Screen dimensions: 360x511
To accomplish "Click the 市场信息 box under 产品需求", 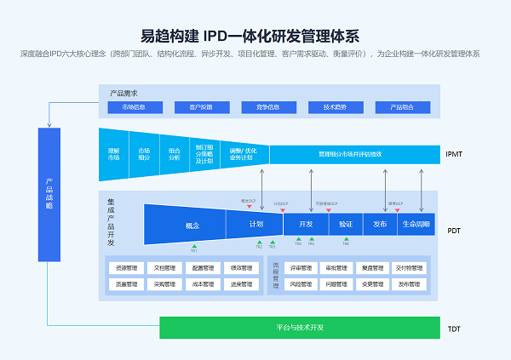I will tap(134, 107).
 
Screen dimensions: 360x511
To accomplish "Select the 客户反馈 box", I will tap(193, 107).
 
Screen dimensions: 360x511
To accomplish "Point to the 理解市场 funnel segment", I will tap(113, 154).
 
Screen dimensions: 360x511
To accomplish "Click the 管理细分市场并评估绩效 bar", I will tap(351, 154).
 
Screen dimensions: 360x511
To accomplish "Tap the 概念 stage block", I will tap(192, 226).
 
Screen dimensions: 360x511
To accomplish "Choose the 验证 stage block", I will tap(345, 225).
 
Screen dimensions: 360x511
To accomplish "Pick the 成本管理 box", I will tap(203, 284).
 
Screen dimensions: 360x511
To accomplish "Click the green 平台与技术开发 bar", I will tap(300, 328).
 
